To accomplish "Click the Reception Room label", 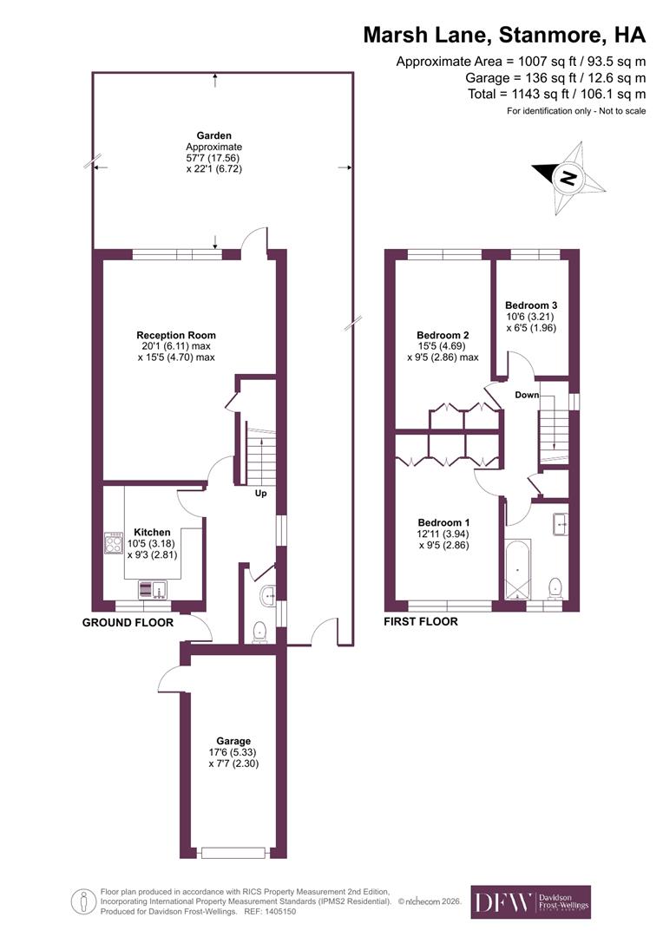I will pos(175,335).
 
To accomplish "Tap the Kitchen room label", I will pos(152,532).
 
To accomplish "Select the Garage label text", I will pos(233,741).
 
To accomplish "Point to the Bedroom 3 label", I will pos(531,305).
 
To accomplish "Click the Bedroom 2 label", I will pos(443,335).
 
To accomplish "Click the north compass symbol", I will pos(568,179).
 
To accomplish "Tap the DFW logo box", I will pos(530,902).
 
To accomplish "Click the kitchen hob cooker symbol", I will pos(114,544).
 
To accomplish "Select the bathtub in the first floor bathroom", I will pos(518,570).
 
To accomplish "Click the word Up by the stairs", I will pos(260,495).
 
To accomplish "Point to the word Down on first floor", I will pos(526,395).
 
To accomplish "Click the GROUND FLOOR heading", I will pos(128,622).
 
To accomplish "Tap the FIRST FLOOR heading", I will pos(420,621).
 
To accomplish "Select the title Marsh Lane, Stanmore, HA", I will pos(504,36).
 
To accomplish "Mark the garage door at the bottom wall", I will pos(233,853).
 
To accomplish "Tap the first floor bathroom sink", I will pos(560,522).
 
